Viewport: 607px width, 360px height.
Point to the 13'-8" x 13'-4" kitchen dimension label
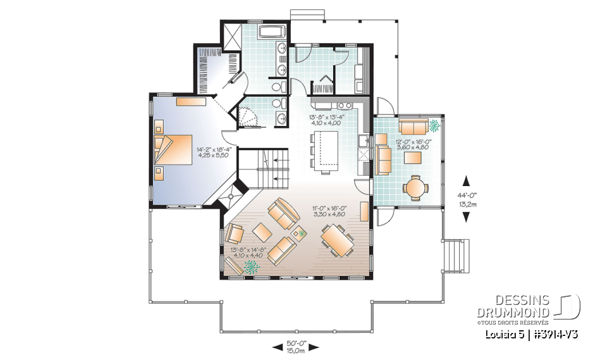point(325,120)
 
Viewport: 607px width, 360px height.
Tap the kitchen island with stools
point(326,151)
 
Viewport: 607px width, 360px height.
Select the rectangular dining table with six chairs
point(338,242)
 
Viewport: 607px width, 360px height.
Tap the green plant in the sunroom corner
point(436,125)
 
